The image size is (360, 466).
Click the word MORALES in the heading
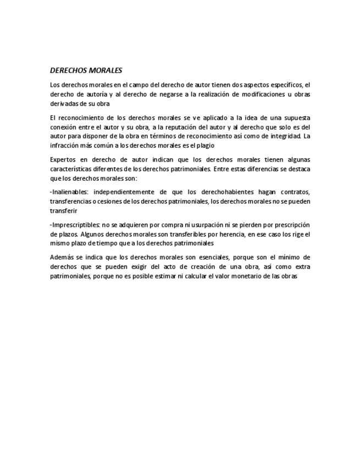pos(104,70)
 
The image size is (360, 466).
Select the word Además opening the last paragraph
pos(61,257)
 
